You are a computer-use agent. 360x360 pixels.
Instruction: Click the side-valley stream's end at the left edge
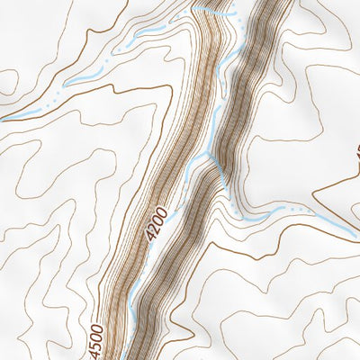coord(2,117)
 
